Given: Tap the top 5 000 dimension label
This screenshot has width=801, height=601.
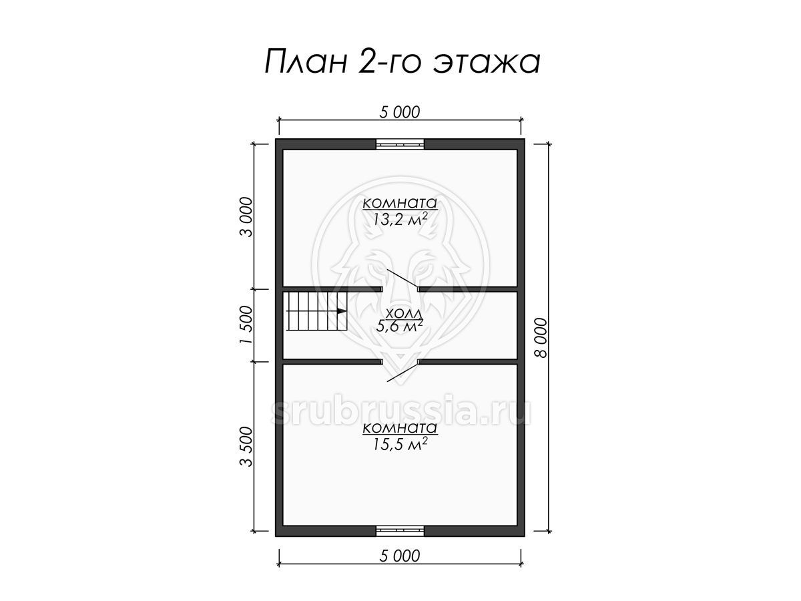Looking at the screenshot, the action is pyautogui.click(x=400, y=112).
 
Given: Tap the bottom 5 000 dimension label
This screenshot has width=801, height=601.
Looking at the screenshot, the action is pyautogui.click(x=400, y=556).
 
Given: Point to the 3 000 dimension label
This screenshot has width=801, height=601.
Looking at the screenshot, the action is pyautogui.click(x=246, y=217).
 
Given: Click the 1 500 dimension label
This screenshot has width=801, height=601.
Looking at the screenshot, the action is pyautogui.click(x=246, y=325).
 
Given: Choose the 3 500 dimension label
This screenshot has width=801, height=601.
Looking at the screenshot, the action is pyautogui.click(x=246, y=447).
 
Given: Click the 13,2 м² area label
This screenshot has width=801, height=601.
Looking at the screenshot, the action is pyautogui.click(x=400, y=220).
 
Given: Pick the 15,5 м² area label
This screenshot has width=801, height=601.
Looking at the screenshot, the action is pyautogui.click(x=400, y=444).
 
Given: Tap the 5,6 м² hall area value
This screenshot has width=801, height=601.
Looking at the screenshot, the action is pyautogui.click(x=399, y=326).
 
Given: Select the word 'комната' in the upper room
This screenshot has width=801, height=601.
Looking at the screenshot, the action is pyautogui.click(x=400, y=203).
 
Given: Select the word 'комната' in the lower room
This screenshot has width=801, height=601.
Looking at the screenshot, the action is pyautogui.click(x=400, y=427).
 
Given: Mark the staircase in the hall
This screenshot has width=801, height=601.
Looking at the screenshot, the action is pyautogui.click(x=316, y=311).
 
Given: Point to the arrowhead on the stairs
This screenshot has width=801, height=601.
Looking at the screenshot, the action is pyautogui.click(x=342, y=311).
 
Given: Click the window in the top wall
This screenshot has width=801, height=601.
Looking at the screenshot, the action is pyautogui.click(x=400, y=144).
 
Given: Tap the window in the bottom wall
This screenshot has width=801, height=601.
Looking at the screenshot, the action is pyautogui.click(x=400, y=531).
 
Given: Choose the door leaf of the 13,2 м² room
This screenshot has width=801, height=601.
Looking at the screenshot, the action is pyautogui.click(x=402, y=278).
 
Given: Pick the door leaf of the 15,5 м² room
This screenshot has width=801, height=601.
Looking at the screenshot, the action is pyautogui.click(x=402, y=372).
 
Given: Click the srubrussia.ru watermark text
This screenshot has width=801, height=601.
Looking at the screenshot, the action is pyautogui.click(x=400, y=410).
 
